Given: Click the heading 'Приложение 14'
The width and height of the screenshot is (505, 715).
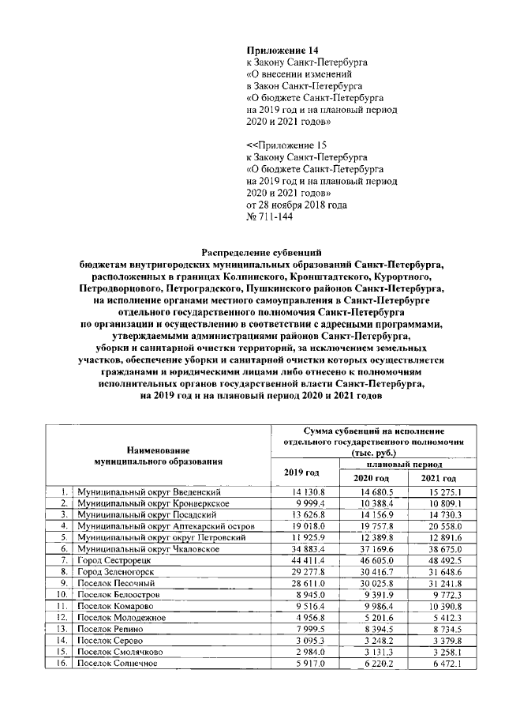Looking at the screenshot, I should [281, 50].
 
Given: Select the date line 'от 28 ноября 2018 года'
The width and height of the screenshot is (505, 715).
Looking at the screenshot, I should [297, 204].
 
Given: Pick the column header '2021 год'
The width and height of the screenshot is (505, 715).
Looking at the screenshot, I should [438, 479].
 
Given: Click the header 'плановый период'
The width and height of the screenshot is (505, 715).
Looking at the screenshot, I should [404, 466].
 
